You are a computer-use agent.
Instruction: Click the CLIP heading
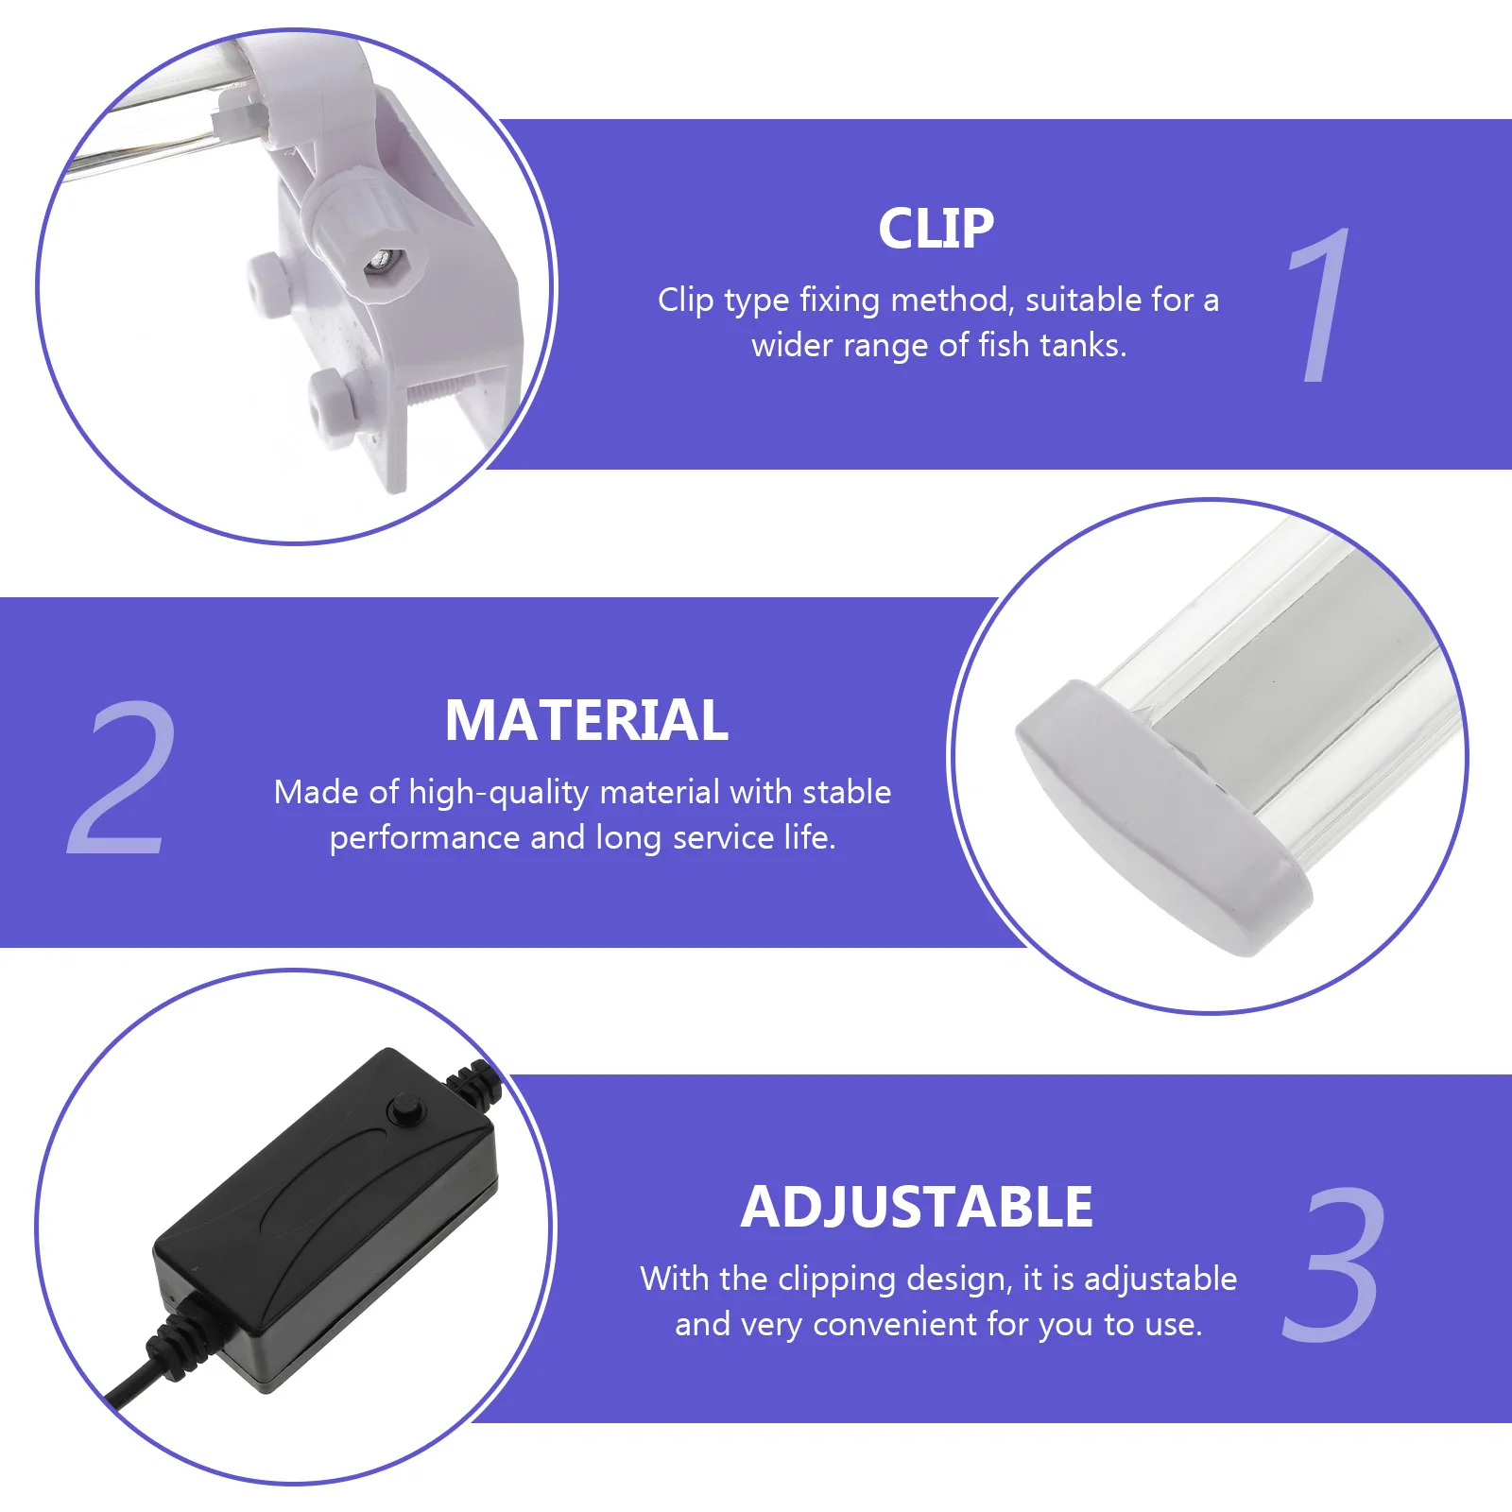[936, 229]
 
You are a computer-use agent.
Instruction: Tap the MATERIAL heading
[586, 721]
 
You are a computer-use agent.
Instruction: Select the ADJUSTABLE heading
[917, 1208]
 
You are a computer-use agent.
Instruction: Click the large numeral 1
[1320, 305]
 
